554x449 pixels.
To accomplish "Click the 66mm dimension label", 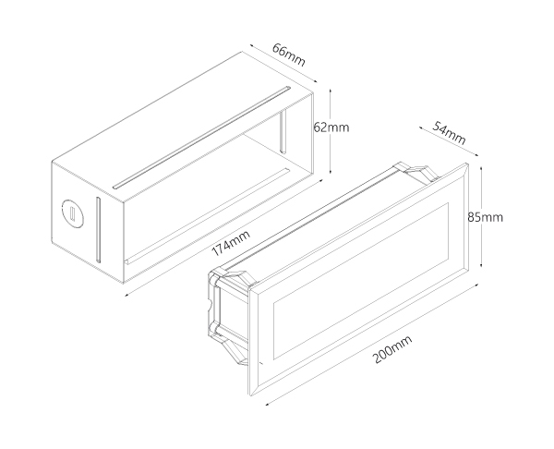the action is (x=288, y=55).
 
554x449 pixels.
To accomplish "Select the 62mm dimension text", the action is (x=331, y=127).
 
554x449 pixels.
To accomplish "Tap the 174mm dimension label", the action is (x=231, y=243).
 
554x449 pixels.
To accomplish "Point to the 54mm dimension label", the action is (x=449, y=133).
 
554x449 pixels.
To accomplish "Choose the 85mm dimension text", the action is (x=485, y=217).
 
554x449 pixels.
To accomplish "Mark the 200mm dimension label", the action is (x=392, y=349).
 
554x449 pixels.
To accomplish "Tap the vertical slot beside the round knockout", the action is (x=98, y=230).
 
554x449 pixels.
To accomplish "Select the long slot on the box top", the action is (x=201, y=138).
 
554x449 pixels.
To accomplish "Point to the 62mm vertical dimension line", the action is (x=331, y=131).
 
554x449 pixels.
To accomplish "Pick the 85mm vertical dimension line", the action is (x=481, y=217).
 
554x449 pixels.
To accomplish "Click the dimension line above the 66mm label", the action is (x=283, y=63).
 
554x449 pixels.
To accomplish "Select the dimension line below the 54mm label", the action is (x=449, y=141).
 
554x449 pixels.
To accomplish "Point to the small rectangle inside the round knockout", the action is (x=72, y=213).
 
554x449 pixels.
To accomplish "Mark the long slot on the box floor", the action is (x=209, y=216).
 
